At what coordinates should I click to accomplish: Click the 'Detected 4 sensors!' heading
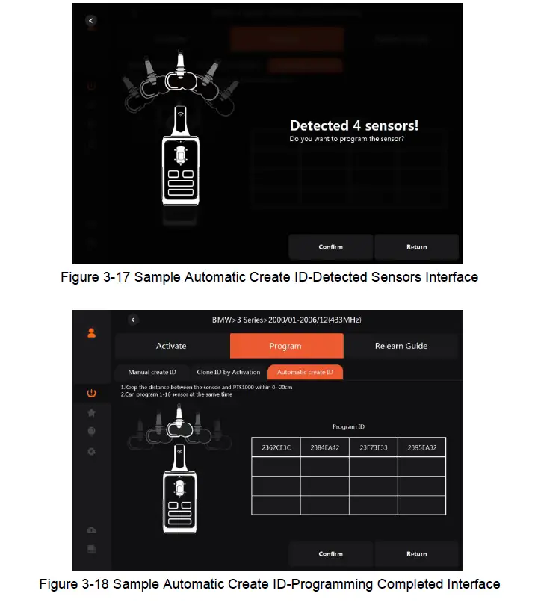(353, 125)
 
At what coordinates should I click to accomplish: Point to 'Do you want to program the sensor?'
(347, 140)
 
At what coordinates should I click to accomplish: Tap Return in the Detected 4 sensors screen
(416, 246)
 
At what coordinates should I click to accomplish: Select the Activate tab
(171, 346)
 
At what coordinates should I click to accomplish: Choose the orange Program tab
(285, 346)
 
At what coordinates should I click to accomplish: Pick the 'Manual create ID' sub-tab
(152, 372)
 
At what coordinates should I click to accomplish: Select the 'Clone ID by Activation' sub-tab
(228, 372)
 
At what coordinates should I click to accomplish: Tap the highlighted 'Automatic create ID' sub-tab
(305, 372)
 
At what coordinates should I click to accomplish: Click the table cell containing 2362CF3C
(276, 447)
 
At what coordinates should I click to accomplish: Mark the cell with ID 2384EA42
(324, 447)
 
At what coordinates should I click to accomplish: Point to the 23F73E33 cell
(373, 447)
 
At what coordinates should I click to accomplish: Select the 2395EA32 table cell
(421, 447)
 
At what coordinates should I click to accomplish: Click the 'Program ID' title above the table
(348, 427)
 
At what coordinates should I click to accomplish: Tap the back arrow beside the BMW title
(133, 320)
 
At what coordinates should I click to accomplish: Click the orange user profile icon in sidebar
(91, 333)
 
